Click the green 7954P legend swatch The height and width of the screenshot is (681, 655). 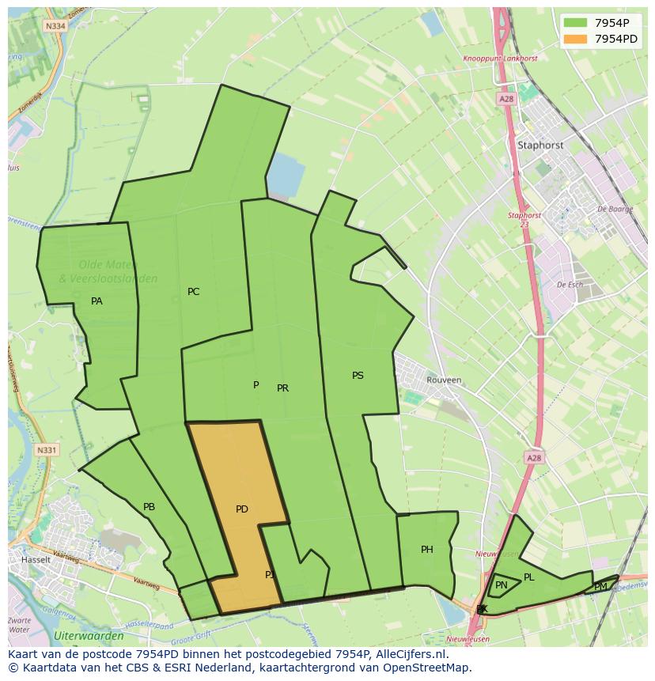click(575, 22)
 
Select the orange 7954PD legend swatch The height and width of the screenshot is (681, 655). click(575, 39)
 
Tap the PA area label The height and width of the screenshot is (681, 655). click(97, 301)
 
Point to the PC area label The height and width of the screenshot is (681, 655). click(193, 292)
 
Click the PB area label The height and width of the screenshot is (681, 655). click(149, 507)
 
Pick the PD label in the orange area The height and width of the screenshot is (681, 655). click(242, 509)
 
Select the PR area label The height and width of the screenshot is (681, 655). click(282, 388)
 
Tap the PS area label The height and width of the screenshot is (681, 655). click(358, 376)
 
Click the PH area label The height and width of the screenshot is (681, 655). click(427, 550)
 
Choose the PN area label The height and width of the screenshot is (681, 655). click(502, 585)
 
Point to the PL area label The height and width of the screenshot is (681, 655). click(529, 577)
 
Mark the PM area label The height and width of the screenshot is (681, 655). click(600, 587)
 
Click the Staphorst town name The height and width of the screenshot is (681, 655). click(540, 146)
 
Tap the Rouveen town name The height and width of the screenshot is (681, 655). click(444, 380)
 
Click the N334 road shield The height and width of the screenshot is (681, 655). click(55, 25)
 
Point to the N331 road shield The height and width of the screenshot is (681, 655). click(47, 450)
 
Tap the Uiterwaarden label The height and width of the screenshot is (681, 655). click(89, 636)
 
